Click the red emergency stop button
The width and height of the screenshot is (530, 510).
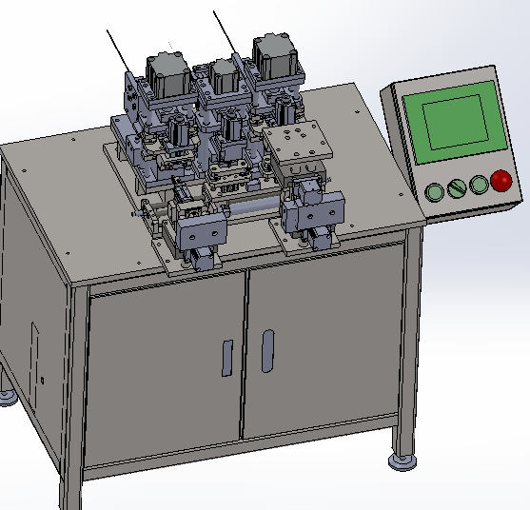tap(501, 181)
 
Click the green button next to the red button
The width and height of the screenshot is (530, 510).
tap(479, 184)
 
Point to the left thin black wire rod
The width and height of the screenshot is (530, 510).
tap(119, 50)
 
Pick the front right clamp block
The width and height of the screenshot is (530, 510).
tap(317, 214)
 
